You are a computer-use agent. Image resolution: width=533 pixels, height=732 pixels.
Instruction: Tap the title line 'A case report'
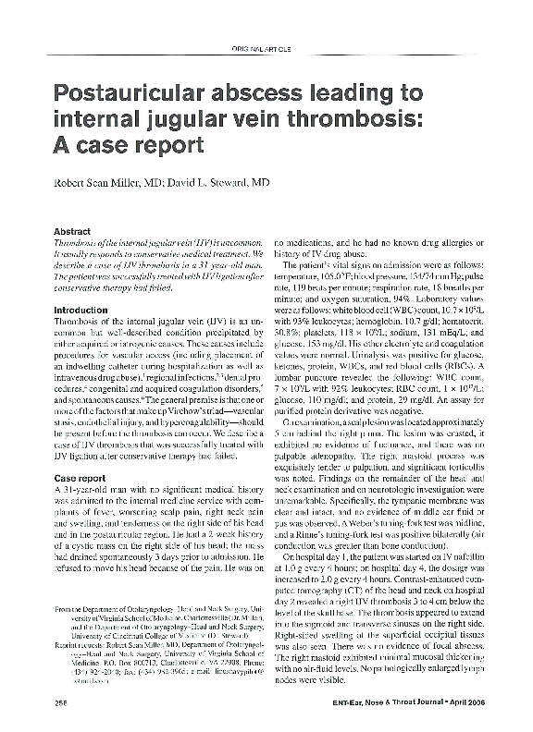(x=130, y=145)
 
